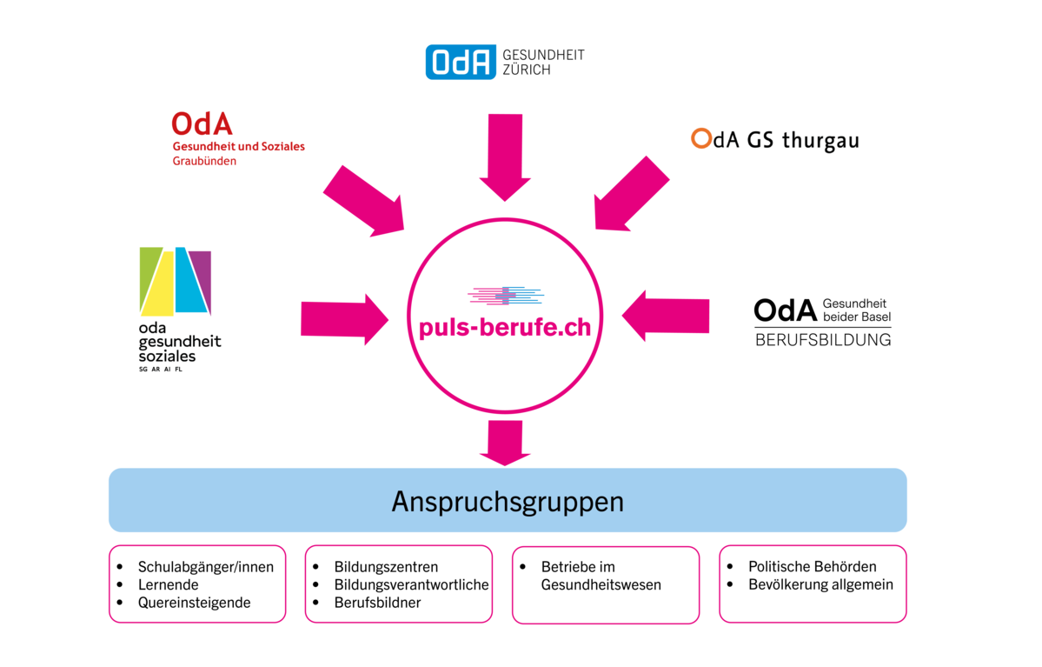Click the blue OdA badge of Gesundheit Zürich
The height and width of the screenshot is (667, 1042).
click(x=461, y=62)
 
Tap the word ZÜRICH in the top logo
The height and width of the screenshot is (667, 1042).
click(x=527, y=70)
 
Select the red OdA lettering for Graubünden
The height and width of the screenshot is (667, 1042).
click(x=202, y=124)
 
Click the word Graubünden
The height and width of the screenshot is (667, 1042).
click(x=204, y=161)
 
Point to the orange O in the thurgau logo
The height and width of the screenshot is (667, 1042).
click(x=700, y=139)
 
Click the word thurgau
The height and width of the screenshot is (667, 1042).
click(x=820, y=140)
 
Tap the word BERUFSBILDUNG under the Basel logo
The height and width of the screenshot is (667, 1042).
click(x=822, y=340)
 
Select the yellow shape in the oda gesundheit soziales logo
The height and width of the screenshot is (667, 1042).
click(x=160, y=284)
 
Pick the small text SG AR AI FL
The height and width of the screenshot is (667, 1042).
click(x=161, y=370)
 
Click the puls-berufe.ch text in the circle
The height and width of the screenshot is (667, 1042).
click(x=504, y=329)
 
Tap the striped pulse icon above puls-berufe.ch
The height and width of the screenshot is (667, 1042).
click(x=505, y=296)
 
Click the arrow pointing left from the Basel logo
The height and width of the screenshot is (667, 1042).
click(x=665, y=315)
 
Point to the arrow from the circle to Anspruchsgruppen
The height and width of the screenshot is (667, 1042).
click(x=504, y=442)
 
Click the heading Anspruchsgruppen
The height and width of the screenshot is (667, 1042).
click(x=508, y=502)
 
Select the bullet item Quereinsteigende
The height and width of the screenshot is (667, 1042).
click(x=194, y=603)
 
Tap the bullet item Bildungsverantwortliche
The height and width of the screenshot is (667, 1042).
click(x=411, y=584)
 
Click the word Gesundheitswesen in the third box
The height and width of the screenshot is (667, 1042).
click(x=601, y=585)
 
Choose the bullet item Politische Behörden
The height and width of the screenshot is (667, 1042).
click(x=813, y=566)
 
